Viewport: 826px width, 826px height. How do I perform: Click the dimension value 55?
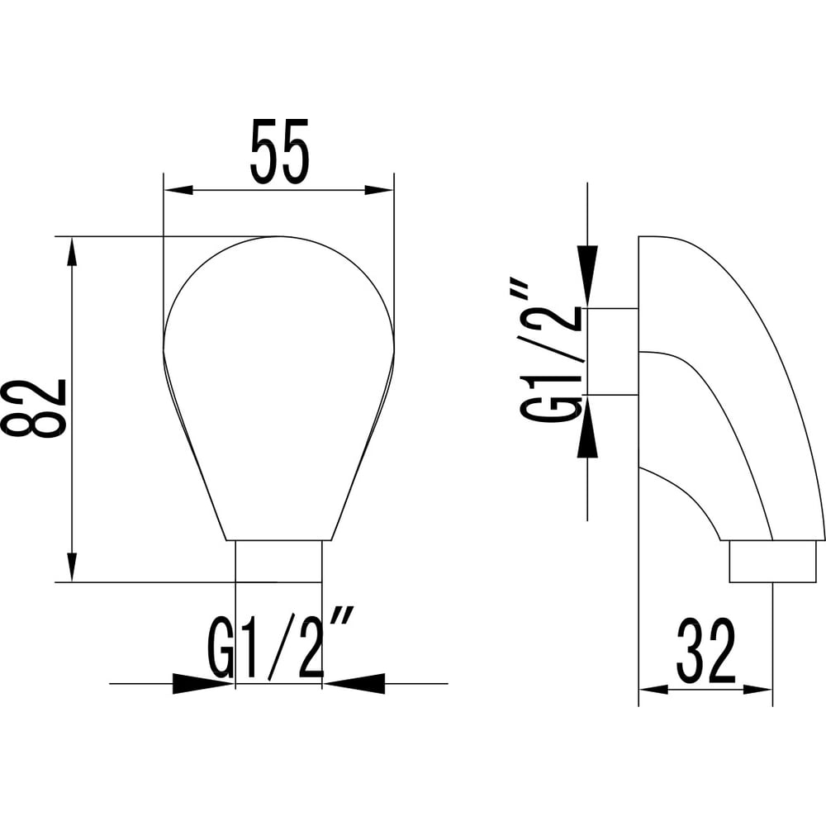tap(279, 151)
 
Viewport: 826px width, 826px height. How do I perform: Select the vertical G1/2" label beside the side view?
tap(553, 351)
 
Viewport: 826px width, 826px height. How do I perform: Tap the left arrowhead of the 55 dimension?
tap(179, 190)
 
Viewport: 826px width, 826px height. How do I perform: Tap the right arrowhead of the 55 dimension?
tap(379, 190)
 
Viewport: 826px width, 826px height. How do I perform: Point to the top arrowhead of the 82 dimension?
tap(73, 252)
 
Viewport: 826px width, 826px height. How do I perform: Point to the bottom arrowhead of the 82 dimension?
tap(73, 567)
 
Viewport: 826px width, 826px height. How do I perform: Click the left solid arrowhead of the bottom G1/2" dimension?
tap(204, 683)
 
